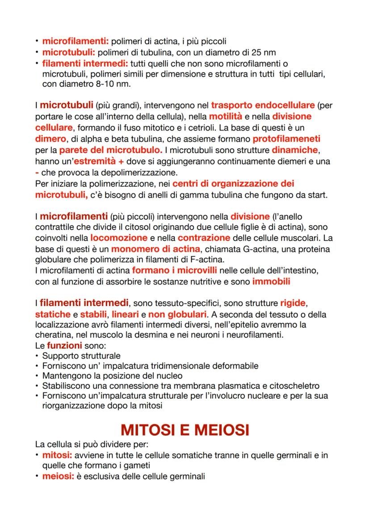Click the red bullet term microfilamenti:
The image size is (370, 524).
pos(76,42)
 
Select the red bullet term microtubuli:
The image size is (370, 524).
pos(66,52)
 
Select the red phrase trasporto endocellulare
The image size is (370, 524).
pos(263,106)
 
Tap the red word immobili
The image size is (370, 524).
pos(271,281)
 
